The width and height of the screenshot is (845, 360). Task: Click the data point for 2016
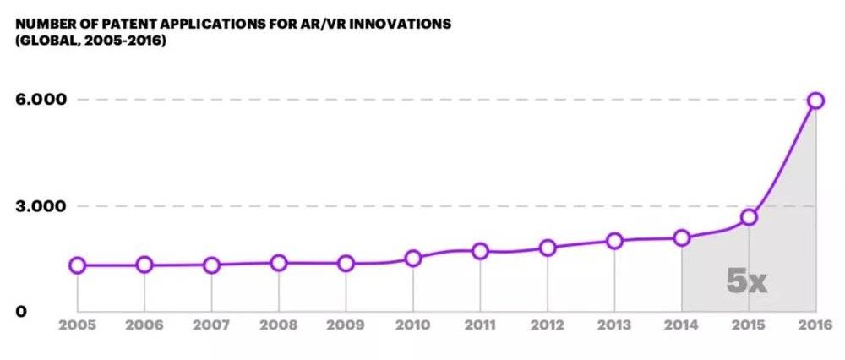pyautogui.click(x=815, y=101)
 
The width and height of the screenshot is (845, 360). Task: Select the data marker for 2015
pyautogui.click(x=749, y=217)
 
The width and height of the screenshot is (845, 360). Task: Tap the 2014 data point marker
pyautogui.click(x=682, y=238)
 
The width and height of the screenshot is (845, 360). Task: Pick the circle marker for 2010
pyautogui.click(x=413, y=258)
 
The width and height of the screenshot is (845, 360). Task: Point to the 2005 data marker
pyautogui.click(x=78, y=265)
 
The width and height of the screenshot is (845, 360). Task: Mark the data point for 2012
pyautogui.click(x=548, y=248)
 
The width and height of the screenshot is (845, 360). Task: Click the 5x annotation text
pyautogui.click(x=747, y=281)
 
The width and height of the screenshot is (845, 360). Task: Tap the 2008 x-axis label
pyautogui.click(x=279, y=324)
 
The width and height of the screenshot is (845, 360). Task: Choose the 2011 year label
pyautogui.click(x=480, y=324)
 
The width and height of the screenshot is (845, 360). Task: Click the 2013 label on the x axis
pyautogui.click(x=614, y=324)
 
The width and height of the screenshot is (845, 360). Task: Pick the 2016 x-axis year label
pyautogui.click(x=815, y=324)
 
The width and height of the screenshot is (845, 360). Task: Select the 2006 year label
pyautogui.click(x=144, y=324)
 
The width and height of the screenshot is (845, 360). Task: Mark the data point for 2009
pyautogui.click(x=346, y=264)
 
